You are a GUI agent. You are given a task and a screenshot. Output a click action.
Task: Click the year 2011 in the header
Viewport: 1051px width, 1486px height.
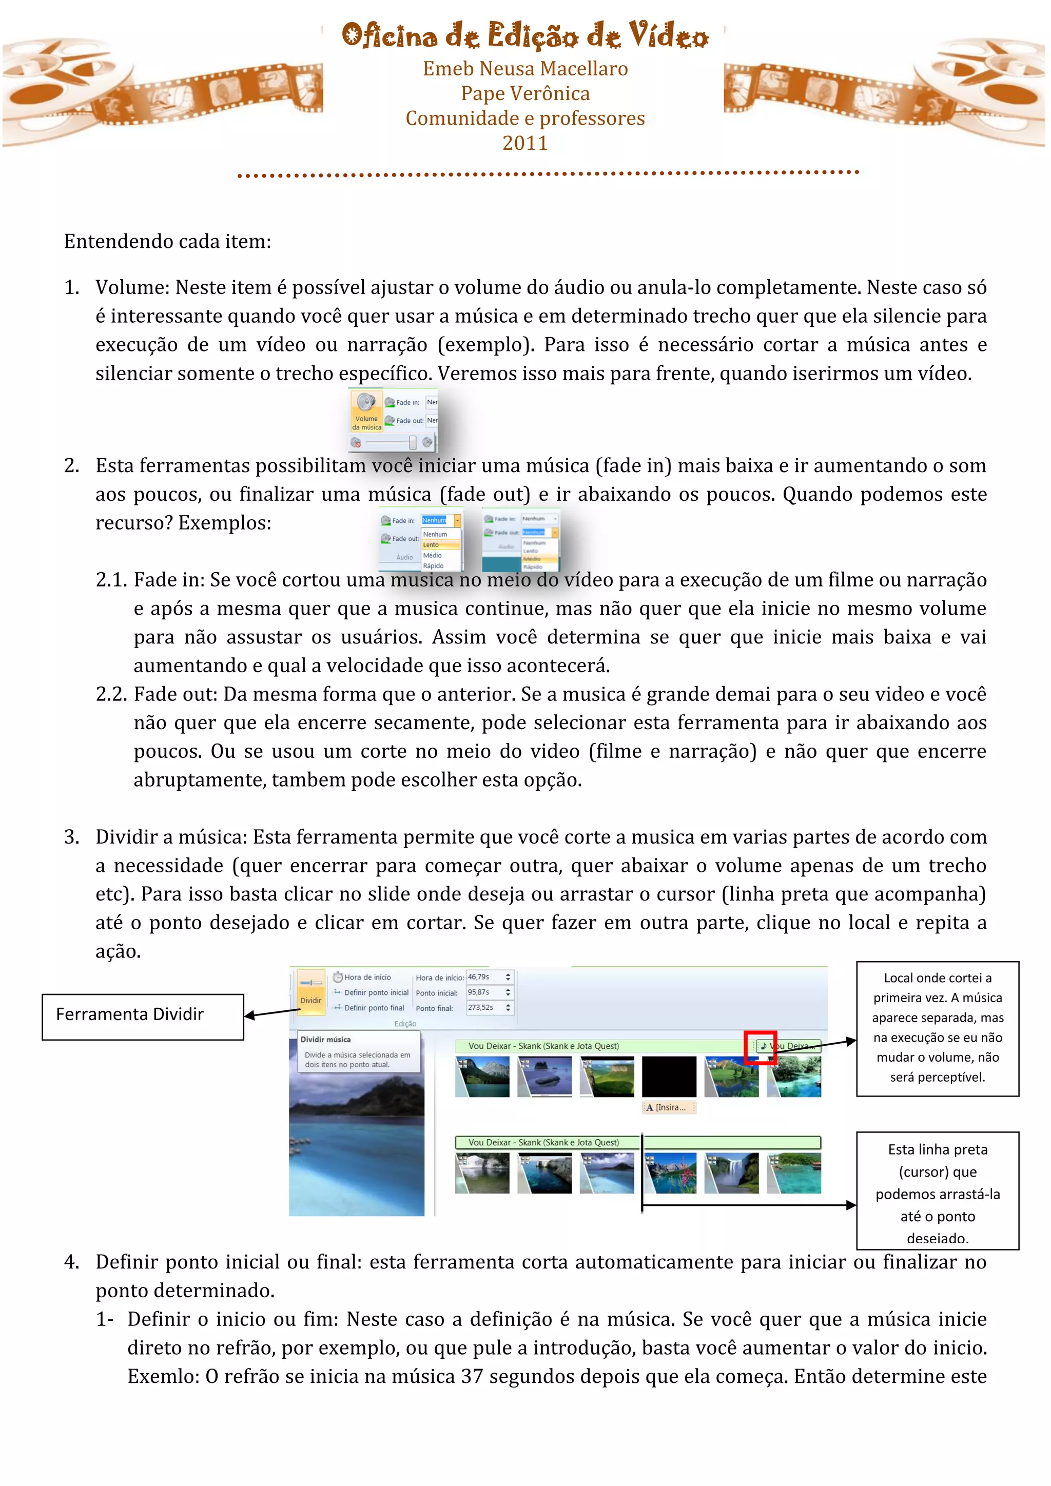[x=525, y=143]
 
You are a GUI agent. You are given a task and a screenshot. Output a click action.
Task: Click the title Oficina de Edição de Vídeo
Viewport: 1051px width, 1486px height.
[x=525, y=35]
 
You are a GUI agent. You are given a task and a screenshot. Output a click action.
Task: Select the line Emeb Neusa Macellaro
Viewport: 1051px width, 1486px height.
[x=525, y=69]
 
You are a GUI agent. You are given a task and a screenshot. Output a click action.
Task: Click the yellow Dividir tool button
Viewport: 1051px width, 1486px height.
[x=310, y=990]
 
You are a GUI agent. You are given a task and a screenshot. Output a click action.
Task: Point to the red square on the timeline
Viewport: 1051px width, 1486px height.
[x=760, y=1047]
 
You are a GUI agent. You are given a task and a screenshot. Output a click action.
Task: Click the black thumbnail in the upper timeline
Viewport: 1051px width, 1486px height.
[x=669, y=1077]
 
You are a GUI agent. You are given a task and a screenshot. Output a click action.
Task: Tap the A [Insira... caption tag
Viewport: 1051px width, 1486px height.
[x=668, y=1107]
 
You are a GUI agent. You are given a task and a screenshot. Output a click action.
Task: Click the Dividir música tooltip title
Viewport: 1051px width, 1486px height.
[x=325, y=1040]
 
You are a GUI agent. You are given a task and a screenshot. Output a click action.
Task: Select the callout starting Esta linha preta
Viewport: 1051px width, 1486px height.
[x=937, y=1190]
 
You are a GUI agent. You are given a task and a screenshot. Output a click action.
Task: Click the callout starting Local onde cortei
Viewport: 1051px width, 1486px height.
[x=937, y=1028]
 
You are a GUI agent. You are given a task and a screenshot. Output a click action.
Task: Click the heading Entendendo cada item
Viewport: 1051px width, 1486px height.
[x=167, y=241]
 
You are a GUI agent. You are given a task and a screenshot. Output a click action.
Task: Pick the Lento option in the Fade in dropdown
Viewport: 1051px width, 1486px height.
[x=432, y=545]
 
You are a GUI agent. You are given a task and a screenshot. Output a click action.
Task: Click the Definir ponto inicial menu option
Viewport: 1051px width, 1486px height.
[x=375, y=992]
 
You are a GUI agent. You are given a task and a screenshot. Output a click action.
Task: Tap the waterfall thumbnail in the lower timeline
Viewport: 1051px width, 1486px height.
[x=731, y=1173]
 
